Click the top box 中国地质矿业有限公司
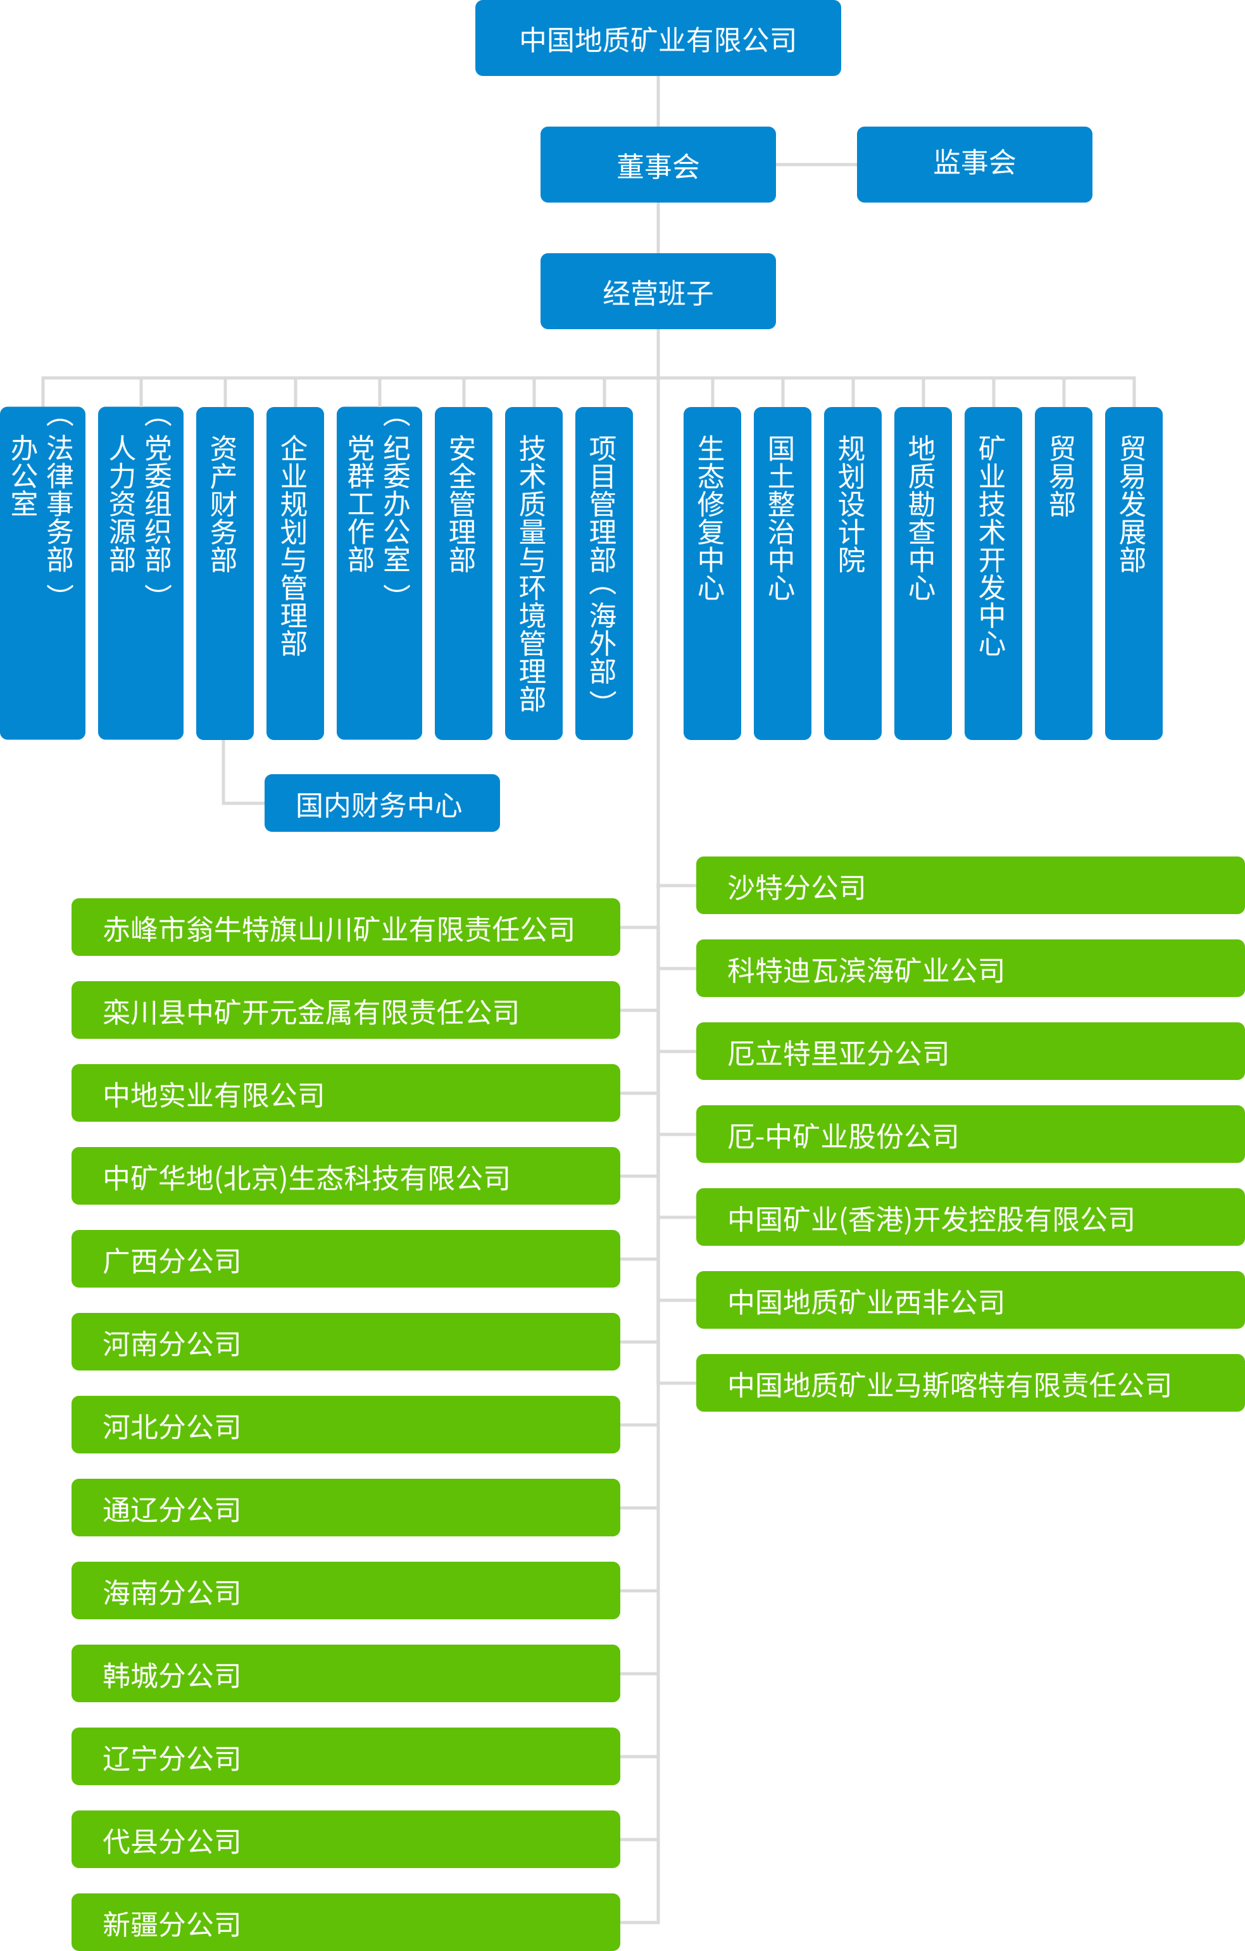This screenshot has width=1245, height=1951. (658, 38)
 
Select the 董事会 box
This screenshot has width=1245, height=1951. (658, 165)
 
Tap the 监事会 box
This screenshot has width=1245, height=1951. (975, 165)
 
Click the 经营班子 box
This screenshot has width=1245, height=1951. (658, 291)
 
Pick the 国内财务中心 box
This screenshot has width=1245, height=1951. (382, 803)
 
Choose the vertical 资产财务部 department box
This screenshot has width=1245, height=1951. (224, 573)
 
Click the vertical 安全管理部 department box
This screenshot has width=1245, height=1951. (463, 573)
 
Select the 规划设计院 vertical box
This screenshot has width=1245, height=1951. (852, 573)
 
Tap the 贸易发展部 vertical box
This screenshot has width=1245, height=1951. (1133, 573)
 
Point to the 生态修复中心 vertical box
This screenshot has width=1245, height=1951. (712, 573)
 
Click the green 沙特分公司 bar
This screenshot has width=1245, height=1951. (970, 886)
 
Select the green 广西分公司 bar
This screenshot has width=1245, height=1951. (346, 1258)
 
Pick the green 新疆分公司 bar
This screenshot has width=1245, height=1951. (346, 1922)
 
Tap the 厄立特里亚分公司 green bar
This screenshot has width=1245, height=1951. (970, 1051)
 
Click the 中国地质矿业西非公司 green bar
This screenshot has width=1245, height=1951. (970, 1300)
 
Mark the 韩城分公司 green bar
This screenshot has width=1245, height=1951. (346, 1673)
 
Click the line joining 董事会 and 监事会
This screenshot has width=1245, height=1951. (816, 165)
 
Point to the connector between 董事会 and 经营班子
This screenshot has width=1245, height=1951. (658, 228)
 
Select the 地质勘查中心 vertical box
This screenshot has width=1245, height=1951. (923, 573)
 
